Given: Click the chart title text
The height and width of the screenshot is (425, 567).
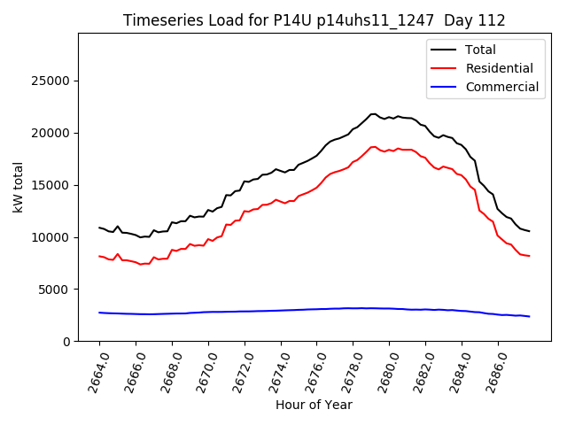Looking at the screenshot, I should click(x=314, y=20).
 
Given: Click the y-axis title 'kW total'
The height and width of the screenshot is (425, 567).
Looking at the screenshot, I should click(x=19, y=187).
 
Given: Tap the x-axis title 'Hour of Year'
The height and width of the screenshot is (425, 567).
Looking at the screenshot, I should click(x=314, y=405).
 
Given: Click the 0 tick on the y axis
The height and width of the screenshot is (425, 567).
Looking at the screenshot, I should click(x=66, y=342).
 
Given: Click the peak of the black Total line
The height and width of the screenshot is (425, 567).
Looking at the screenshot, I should click(x=373, y=114).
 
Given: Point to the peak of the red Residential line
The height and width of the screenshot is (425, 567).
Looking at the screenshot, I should click(x=373, y=147).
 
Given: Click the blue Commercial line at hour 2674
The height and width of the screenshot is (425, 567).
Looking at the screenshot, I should click(x=281, y=310).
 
